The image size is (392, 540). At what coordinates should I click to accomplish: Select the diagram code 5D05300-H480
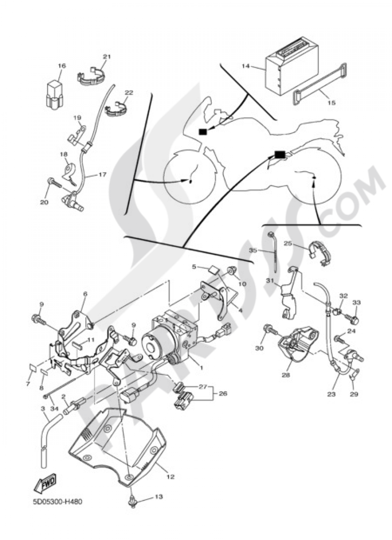pyautogui.click(x=55, y=502)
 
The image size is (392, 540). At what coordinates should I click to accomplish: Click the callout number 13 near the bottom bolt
pyautogui.click(x=158, y=497)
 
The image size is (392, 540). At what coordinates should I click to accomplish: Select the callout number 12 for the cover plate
pyautogui.click(x=170, y=477)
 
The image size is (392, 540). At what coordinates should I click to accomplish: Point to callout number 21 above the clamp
pyautogui.click(x=107, y=57)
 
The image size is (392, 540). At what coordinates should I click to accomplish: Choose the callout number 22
pyautogui.click(x=129, y=93)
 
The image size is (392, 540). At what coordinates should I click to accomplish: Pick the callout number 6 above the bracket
pyautogui.click(x=85, y=294)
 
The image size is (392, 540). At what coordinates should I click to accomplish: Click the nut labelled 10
pyautogui.click(x=232, y=270)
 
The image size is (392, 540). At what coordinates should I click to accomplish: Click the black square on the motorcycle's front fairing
pyautogui.click(x=203, y=132)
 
